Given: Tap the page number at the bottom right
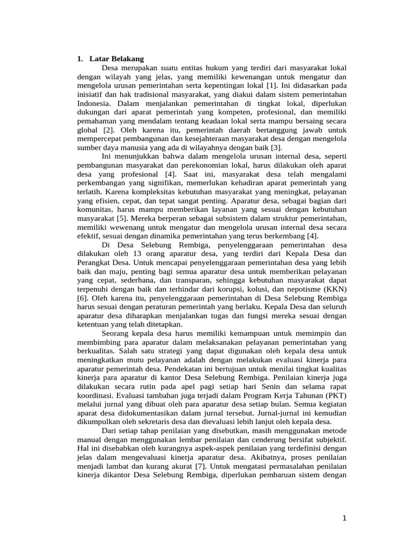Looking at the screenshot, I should (x=344, y=518).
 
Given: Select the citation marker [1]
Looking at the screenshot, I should (x=272, y=85).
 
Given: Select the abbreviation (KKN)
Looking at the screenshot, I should (x=335, y=289).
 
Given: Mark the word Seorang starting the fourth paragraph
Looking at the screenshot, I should (x=116, y=333).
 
